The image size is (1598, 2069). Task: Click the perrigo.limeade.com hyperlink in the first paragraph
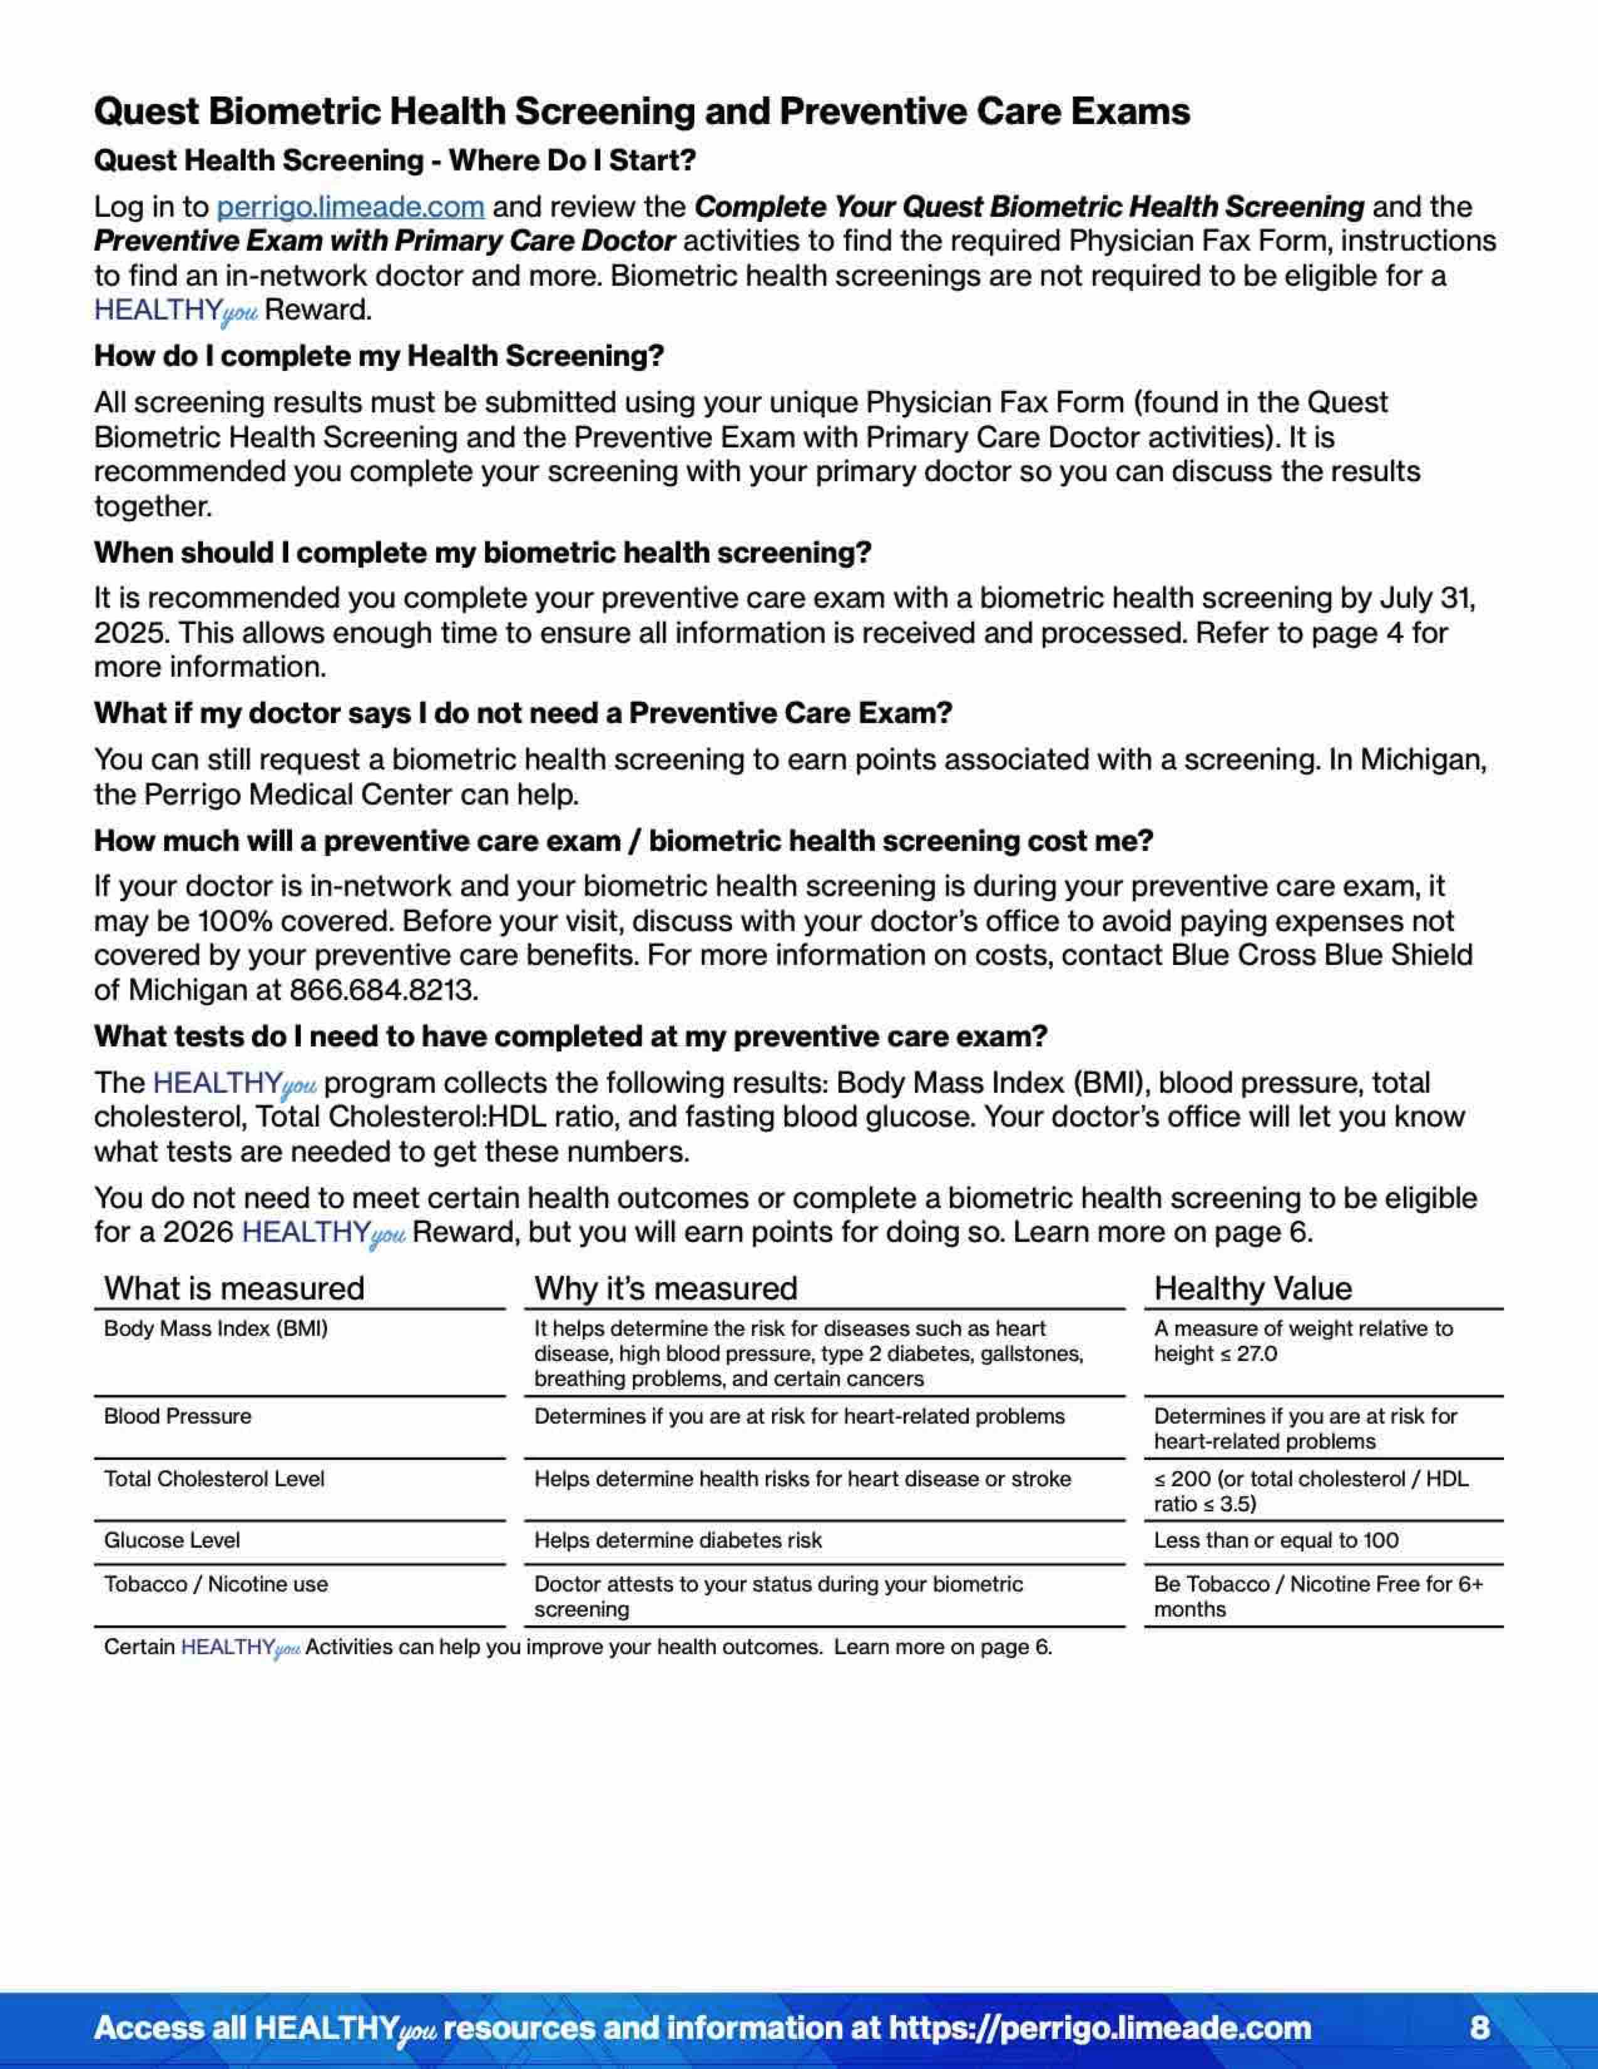[x=350, y=207]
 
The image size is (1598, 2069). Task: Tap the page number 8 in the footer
[x=1480, y=2027]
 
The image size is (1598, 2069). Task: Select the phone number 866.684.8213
[x=383, y=990]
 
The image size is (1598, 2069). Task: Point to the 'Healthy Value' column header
[x=1252, y=1288]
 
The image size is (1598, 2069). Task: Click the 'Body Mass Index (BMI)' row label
[x=216, y=1329]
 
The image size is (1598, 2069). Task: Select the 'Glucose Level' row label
[x=172, y=1540]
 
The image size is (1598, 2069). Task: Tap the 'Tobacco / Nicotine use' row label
[x=216, y=1584]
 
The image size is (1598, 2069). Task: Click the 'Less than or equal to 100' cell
[x=1276, y=1540]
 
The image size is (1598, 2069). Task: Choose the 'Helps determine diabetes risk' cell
[x=677, y=1540]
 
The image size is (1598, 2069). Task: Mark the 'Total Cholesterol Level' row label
[x=214, y=1479]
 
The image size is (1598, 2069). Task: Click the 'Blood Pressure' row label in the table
[x=178, y=1416]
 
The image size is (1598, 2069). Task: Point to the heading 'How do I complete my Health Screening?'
[x=379, y=356]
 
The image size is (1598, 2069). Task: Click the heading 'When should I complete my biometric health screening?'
[x=482, y=552]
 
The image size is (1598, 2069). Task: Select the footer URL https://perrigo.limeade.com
[x=1099, y=2027]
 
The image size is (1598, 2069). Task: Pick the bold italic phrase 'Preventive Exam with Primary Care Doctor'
[x=385, y=242]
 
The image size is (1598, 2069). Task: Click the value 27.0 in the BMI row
[x=1257, y=1354]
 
